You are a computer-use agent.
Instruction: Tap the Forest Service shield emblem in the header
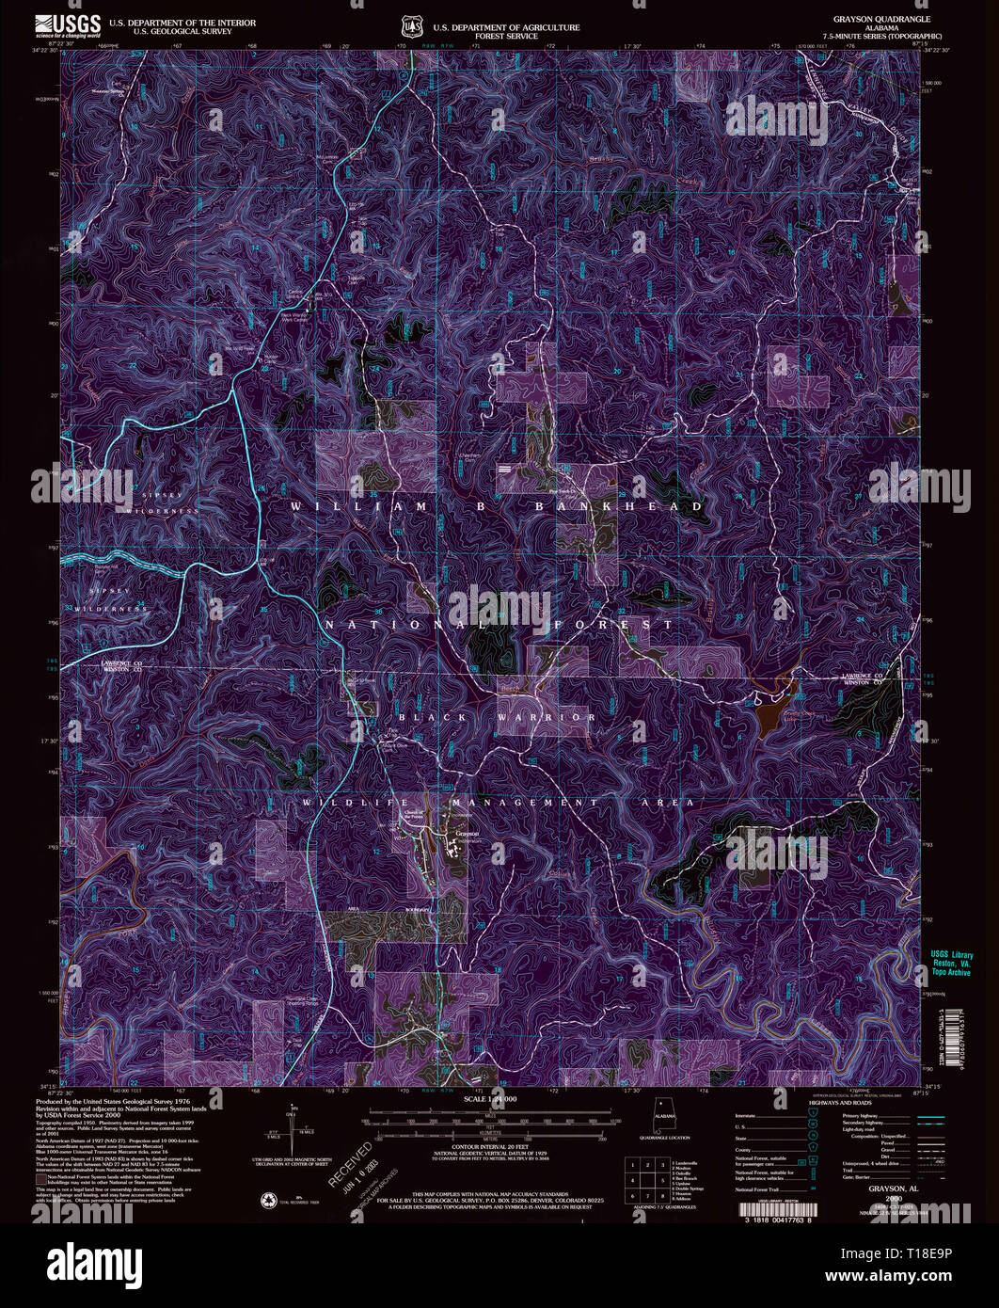pyautogui.click(x=409, y=25)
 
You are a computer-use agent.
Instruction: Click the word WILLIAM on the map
pyautogui.click(x=337, y=506)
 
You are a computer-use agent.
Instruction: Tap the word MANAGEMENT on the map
pyautogui.click(x=526, y=803)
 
